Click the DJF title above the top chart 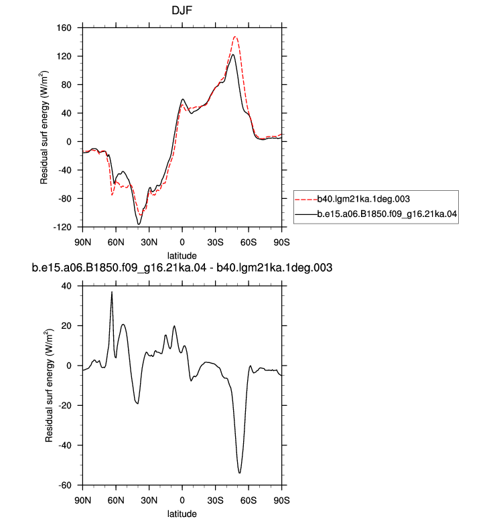point(182,11)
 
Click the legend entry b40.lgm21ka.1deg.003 point(363,199)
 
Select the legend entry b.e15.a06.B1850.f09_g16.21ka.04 point(387,214)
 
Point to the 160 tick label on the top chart point(64,28)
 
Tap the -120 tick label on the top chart point(62,227)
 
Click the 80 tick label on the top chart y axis point(66,85)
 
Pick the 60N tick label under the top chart point(116,242)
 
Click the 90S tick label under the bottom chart point(281,500)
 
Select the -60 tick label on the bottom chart point(65,486)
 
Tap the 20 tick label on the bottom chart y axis point(66,326)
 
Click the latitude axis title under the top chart point(182,256)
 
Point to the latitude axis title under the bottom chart point(182,514)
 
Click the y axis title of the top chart point(44,127)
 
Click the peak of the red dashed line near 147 point(235,37)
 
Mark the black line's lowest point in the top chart point(139,224)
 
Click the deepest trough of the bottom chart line point(239,473)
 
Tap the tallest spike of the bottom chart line point(112,292)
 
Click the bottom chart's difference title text point(182,268)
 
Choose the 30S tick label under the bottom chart point(215,500)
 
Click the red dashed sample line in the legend point(306,200)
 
